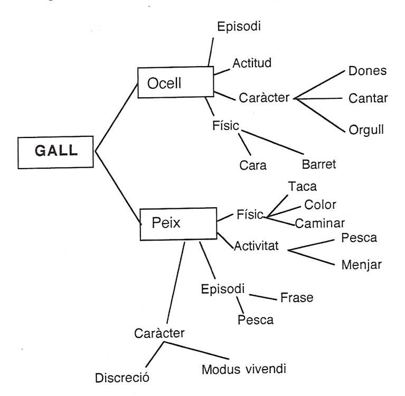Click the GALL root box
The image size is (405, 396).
[56, 151]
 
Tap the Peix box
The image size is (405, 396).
[178, 223]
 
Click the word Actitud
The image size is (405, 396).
[252, 64]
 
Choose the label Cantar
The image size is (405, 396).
[368, 98]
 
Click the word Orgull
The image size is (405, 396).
[366, 130]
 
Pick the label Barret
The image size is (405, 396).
[319, 164]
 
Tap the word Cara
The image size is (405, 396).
[253, 165]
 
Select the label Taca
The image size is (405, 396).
[303, 187]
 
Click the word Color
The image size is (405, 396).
[321, 205]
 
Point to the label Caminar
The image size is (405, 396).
[320, 223]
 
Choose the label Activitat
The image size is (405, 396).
[259, 246]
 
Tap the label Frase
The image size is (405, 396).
[297, 298]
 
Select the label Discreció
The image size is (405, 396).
[123, 378]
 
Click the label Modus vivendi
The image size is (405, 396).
[244, 369]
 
